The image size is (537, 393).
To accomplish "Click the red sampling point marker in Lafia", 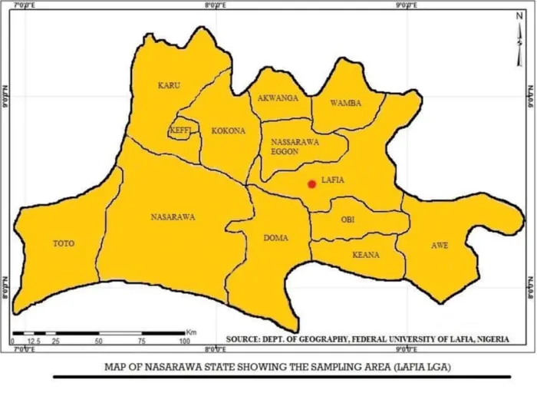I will pyautogui.click(x=311, y=184).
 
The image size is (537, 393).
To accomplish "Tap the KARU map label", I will pyautogui.click(x=168, y=86).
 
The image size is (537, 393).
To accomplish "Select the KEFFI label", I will pyautogui.click(x=180, y=131).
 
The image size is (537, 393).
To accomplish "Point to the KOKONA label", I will pyautogui.click(x=228, y=131).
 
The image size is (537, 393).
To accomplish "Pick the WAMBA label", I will pyautogui.click(x=345, y=103).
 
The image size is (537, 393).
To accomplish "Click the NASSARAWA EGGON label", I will pyautogui.click(x=295, y=147).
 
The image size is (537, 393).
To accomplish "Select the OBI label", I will pyautogui.click(x=348, y=220).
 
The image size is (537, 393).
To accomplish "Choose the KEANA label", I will pyautogui.click(x=366, y=255).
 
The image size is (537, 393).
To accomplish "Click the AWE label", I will pyautogui.click(x=440, y=246).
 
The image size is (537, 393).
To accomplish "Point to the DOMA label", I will pyautogui.click(x=275, y=238).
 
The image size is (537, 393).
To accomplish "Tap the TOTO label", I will pyautogui.click(x=63, y=244).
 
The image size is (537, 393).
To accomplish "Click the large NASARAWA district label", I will pyautogui.click(x=173, y=217).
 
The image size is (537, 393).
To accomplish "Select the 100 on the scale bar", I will pyautogui.click(x=184, y=341).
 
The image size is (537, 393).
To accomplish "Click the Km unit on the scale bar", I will pyautogui.click(x=191, y=331).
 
